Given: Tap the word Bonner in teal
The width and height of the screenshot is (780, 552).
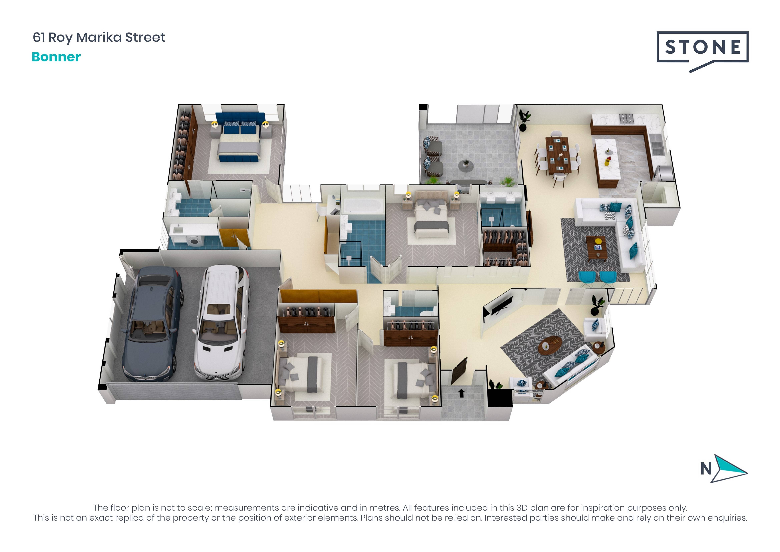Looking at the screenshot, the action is click(x=56, y=57).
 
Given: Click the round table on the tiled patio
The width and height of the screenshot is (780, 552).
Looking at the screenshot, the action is click(x=466, y=166).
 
